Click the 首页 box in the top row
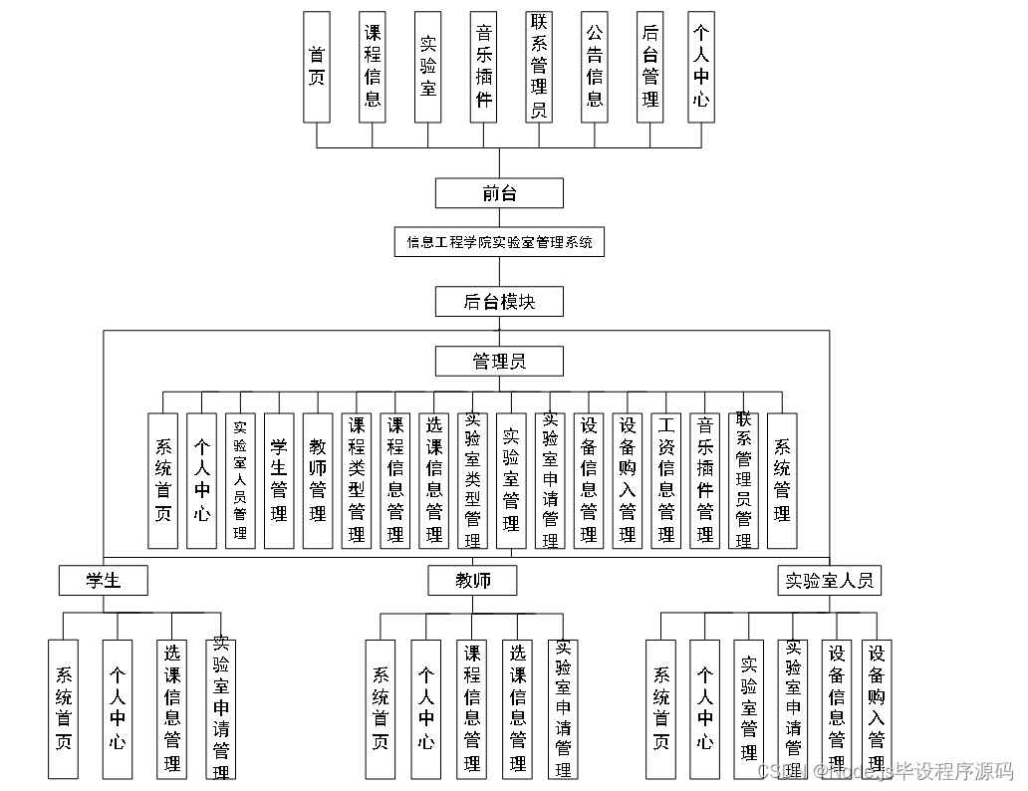click(317, 67)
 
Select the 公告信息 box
click(595, 67)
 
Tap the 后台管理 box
click(649, 67)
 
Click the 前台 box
click(499, 193)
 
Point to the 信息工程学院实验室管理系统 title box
click(499, 242)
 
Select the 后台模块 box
click(499, 301)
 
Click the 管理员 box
click(499, 361)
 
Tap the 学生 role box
click(104, 580)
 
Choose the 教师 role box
click(473, 580)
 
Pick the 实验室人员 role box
click(829, 580)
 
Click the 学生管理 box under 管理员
click(279, 480)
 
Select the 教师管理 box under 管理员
click(318, 480)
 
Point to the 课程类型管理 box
click(357, 480)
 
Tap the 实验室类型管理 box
click(473, 480)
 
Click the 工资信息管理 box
click(666, 480)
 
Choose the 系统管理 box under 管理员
click(782, 480)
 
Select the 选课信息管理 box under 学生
click(172, 708)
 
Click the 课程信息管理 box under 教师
click(472, 708)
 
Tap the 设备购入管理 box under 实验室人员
click(877, 708)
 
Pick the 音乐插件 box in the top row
click(483, 67)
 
